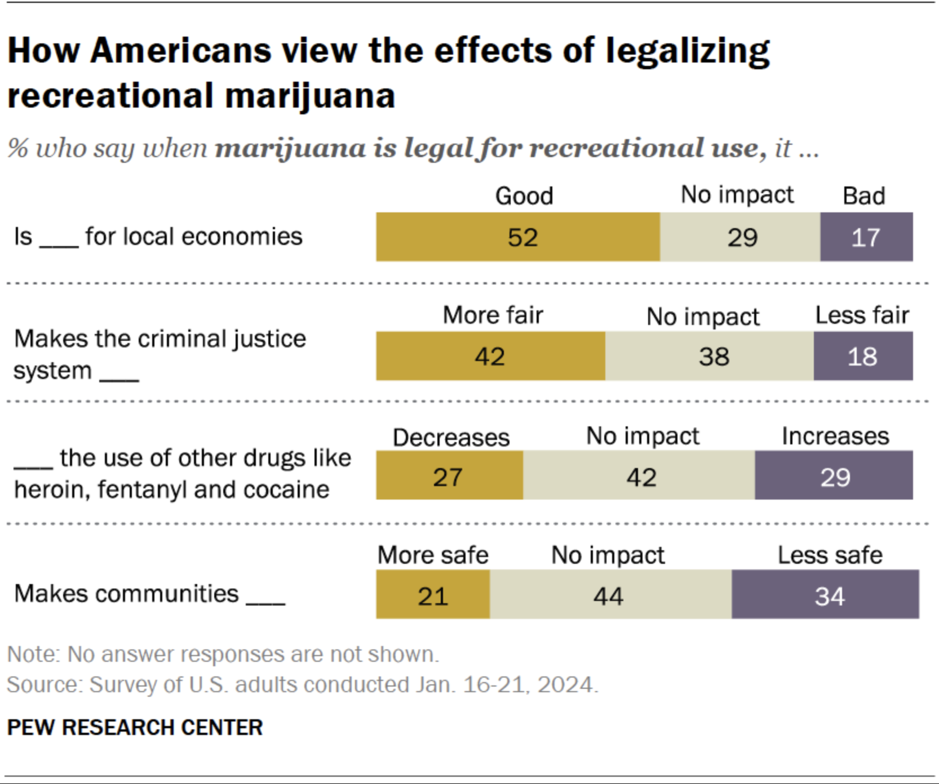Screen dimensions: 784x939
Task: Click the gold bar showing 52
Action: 518,237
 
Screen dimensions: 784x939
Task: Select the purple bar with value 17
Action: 866,237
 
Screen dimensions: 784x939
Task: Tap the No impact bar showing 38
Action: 710,356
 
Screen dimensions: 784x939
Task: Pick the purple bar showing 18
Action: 863,356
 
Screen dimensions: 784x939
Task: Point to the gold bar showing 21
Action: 433,595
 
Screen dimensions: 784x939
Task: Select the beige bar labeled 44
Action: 610,595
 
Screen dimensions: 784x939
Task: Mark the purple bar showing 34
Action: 825,595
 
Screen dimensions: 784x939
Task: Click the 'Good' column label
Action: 524,196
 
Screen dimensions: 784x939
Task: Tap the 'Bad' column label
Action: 863,196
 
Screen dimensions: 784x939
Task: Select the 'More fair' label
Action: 493,315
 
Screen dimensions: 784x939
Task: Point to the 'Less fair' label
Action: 862,315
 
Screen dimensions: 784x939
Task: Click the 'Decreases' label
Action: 451,438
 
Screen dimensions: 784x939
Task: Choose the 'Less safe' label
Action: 830,555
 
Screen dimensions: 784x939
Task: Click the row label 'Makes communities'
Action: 127,594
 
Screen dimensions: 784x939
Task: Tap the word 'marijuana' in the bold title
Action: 310,95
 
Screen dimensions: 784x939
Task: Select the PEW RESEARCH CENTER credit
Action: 135,727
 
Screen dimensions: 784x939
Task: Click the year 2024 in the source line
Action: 565,685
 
